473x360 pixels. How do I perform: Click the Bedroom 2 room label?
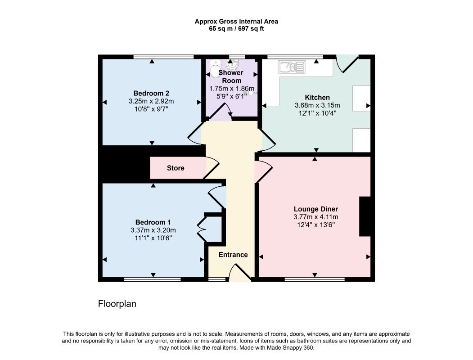(x=151, y=93)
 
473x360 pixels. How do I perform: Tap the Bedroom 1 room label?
(x=153, y=222)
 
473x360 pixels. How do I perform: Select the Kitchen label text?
(x=317, y=97)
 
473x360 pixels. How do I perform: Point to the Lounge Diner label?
(x=316, y=209)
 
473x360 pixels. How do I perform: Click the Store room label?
(x=176, y=168)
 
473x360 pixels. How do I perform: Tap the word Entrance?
(x=233, y=255)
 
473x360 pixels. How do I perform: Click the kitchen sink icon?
(x=292, y=67)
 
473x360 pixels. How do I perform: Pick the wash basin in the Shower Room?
(x=232, y=64)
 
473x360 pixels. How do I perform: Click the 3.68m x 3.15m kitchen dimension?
(x=317, y=105)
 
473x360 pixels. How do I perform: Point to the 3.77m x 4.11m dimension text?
(x=316, y=217)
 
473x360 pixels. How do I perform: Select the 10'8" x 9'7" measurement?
(x=151, y=109)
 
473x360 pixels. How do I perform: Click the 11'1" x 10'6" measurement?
(x=153, y=238)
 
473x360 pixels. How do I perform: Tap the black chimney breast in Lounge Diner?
(x=365, y=216)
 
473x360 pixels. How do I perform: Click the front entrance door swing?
(x=240, y=272)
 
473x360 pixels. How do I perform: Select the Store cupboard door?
(x=212, y=168)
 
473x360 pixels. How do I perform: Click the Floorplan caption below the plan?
(x=117, y=304)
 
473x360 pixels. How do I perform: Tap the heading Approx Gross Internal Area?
(x=236, y=22)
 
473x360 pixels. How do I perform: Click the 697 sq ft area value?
(x=251, y=29)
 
